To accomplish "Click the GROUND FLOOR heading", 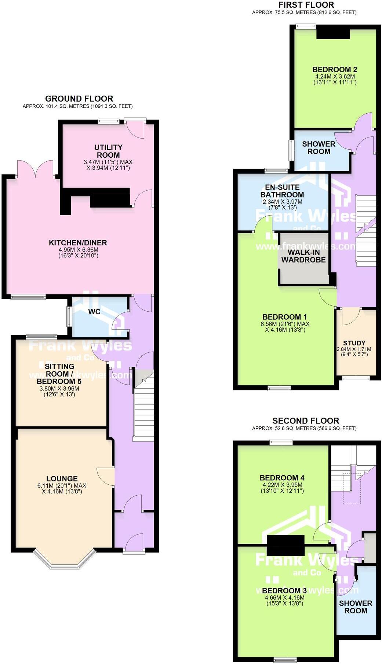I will pyautogui.click(x=79, y=99).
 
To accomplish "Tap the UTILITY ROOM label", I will pyautogui.click(x=108, y=151).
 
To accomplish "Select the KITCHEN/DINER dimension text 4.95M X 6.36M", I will pyautogui.click(x=78, y=250).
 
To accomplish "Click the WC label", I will pyautogui.click(x=94, y=312).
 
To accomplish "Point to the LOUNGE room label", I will pyautogui.click(x=62, y=478).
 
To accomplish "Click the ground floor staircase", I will pyautogui.click(x=143, y=407).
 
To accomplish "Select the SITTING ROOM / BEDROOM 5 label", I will pyautogui.click(x=59, y=374).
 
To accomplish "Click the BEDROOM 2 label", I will pyautogui.click(x=335, y=70).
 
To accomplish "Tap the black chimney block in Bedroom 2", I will pyautogui.click(x=333, y=33).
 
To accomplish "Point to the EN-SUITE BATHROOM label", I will pyautogui.click(x=282, y=191).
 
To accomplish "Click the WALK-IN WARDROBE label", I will pyautogui.click(x=303, y=256).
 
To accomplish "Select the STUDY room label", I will pyautogui.click(x=354, y=343).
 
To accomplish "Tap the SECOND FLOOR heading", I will pyautogui.click(x=305, y=421).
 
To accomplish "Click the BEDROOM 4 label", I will pyautogui.click(x=282, y=478).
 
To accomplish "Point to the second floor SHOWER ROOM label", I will pyautogui.click(x=355, y=607).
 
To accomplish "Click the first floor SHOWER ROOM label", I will pyautogui.click(x=319, y=148).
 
